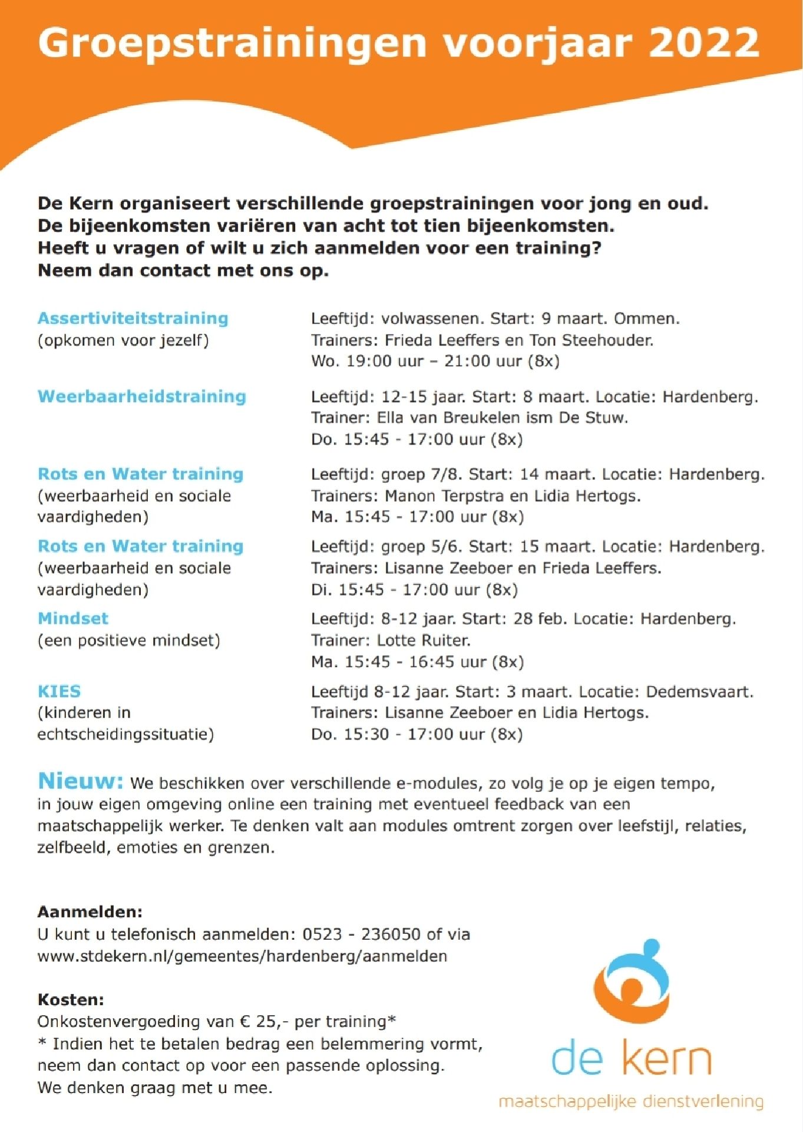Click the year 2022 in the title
[704, 42]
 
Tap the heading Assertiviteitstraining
[133, 318]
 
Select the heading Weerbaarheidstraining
[141, 396]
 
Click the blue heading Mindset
[73, 618]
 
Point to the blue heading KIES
[59, 691]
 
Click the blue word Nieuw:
[80, 781]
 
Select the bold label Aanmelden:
[90, 911]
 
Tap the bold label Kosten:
[71, 999]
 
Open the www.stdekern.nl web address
[242, 956]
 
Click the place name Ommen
[646, 319]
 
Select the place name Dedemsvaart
[699, 692]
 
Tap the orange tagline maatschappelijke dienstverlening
[631, 1101]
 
